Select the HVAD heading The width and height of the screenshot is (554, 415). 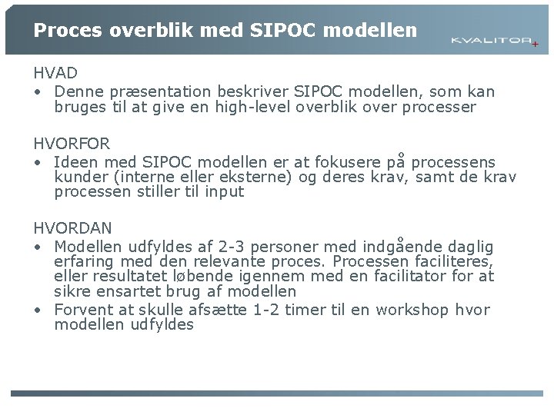[x=55, y=74]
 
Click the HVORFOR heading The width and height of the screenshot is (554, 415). [x=72, y=144]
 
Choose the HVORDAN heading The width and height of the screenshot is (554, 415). [x=72, y=228]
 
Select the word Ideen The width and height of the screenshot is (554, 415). [x=75, y=162]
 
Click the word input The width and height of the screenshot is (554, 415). [x=224, y=192]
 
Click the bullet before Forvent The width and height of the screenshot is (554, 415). [x=38, y=310]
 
